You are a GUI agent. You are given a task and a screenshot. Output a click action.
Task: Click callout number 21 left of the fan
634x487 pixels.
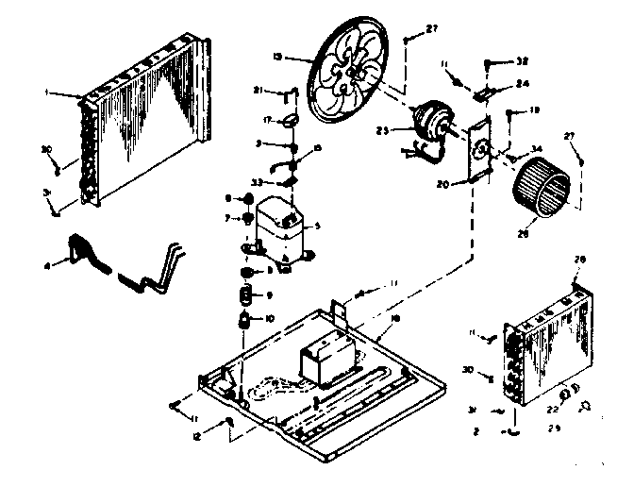pyautogui.click(x=257, y=90)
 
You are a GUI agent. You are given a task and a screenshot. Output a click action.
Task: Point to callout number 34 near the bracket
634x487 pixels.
pyautogui.click(x=537, y=148)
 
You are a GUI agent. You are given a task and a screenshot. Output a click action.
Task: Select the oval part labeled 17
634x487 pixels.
pyautogui.click(x=291, y=119)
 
